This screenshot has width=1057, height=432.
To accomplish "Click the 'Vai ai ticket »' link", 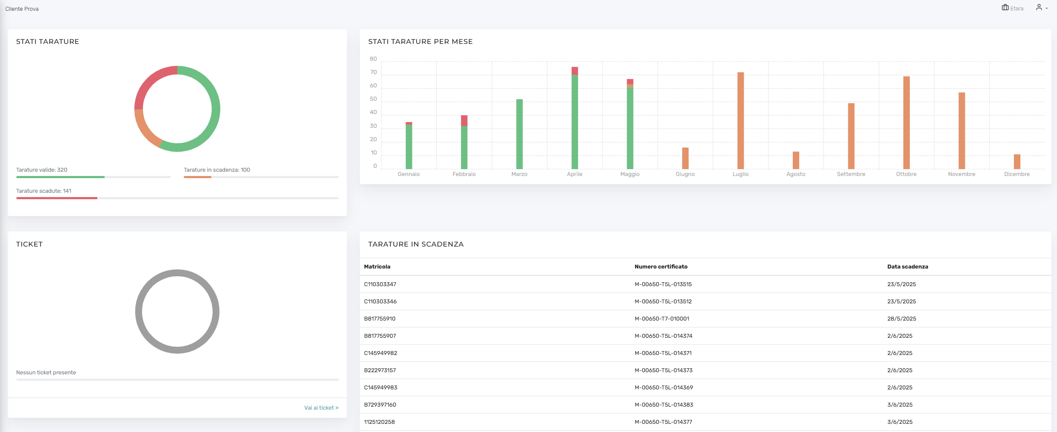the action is coord(321,408).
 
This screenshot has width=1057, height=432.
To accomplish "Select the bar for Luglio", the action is coord(740,120).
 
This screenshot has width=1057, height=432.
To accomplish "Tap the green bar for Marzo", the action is coord(519,134).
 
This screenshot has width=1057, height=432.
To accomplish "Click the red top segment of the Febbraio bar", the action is coord(464,120).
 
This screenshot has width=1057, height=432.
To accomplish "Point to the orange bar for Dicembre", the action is coord(1017,162).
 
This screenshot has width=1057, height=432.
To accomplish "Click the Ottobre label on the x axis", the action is coord(906,174).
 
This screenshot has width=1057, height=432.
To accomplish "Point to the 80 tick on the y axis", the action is coord(373,59).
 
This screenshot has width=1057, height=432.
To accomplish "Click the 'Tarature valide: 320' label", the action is coord(42,170).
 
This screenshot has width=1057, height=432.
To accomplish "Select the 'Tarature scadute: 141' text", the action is coord(44,191).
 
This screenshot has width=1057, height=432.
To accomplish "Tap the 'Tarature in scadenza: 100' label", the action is coord(217,170).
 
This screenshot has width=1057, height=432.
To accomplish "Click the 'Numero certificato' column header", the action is coord(661,267).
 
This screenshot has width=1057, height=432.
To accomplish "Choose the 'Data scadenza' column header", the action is coord(908,267).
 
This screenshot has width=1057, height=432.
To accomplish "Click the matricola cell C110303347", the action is coord(380,284).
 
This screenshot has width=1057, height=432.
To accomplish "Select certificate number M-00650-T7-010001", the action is coord(662,319).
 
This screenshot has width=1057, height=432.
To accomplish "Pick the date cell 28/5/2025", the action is coord(902,319).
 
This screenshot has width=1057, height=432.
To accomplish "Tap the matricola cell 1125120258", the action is coord(379,422).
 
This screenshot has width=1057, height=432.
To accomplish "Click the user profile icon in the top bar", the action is coord(1039,7).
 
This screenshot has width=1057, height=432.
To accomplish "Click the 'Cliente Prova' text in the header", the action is coord(22,9).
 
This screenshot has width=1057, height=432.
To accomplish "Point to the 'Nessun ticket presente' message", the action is coord(46,373).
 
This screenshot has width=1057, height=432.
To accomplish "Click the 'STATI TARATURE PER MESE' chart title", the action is coord(420,42).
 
